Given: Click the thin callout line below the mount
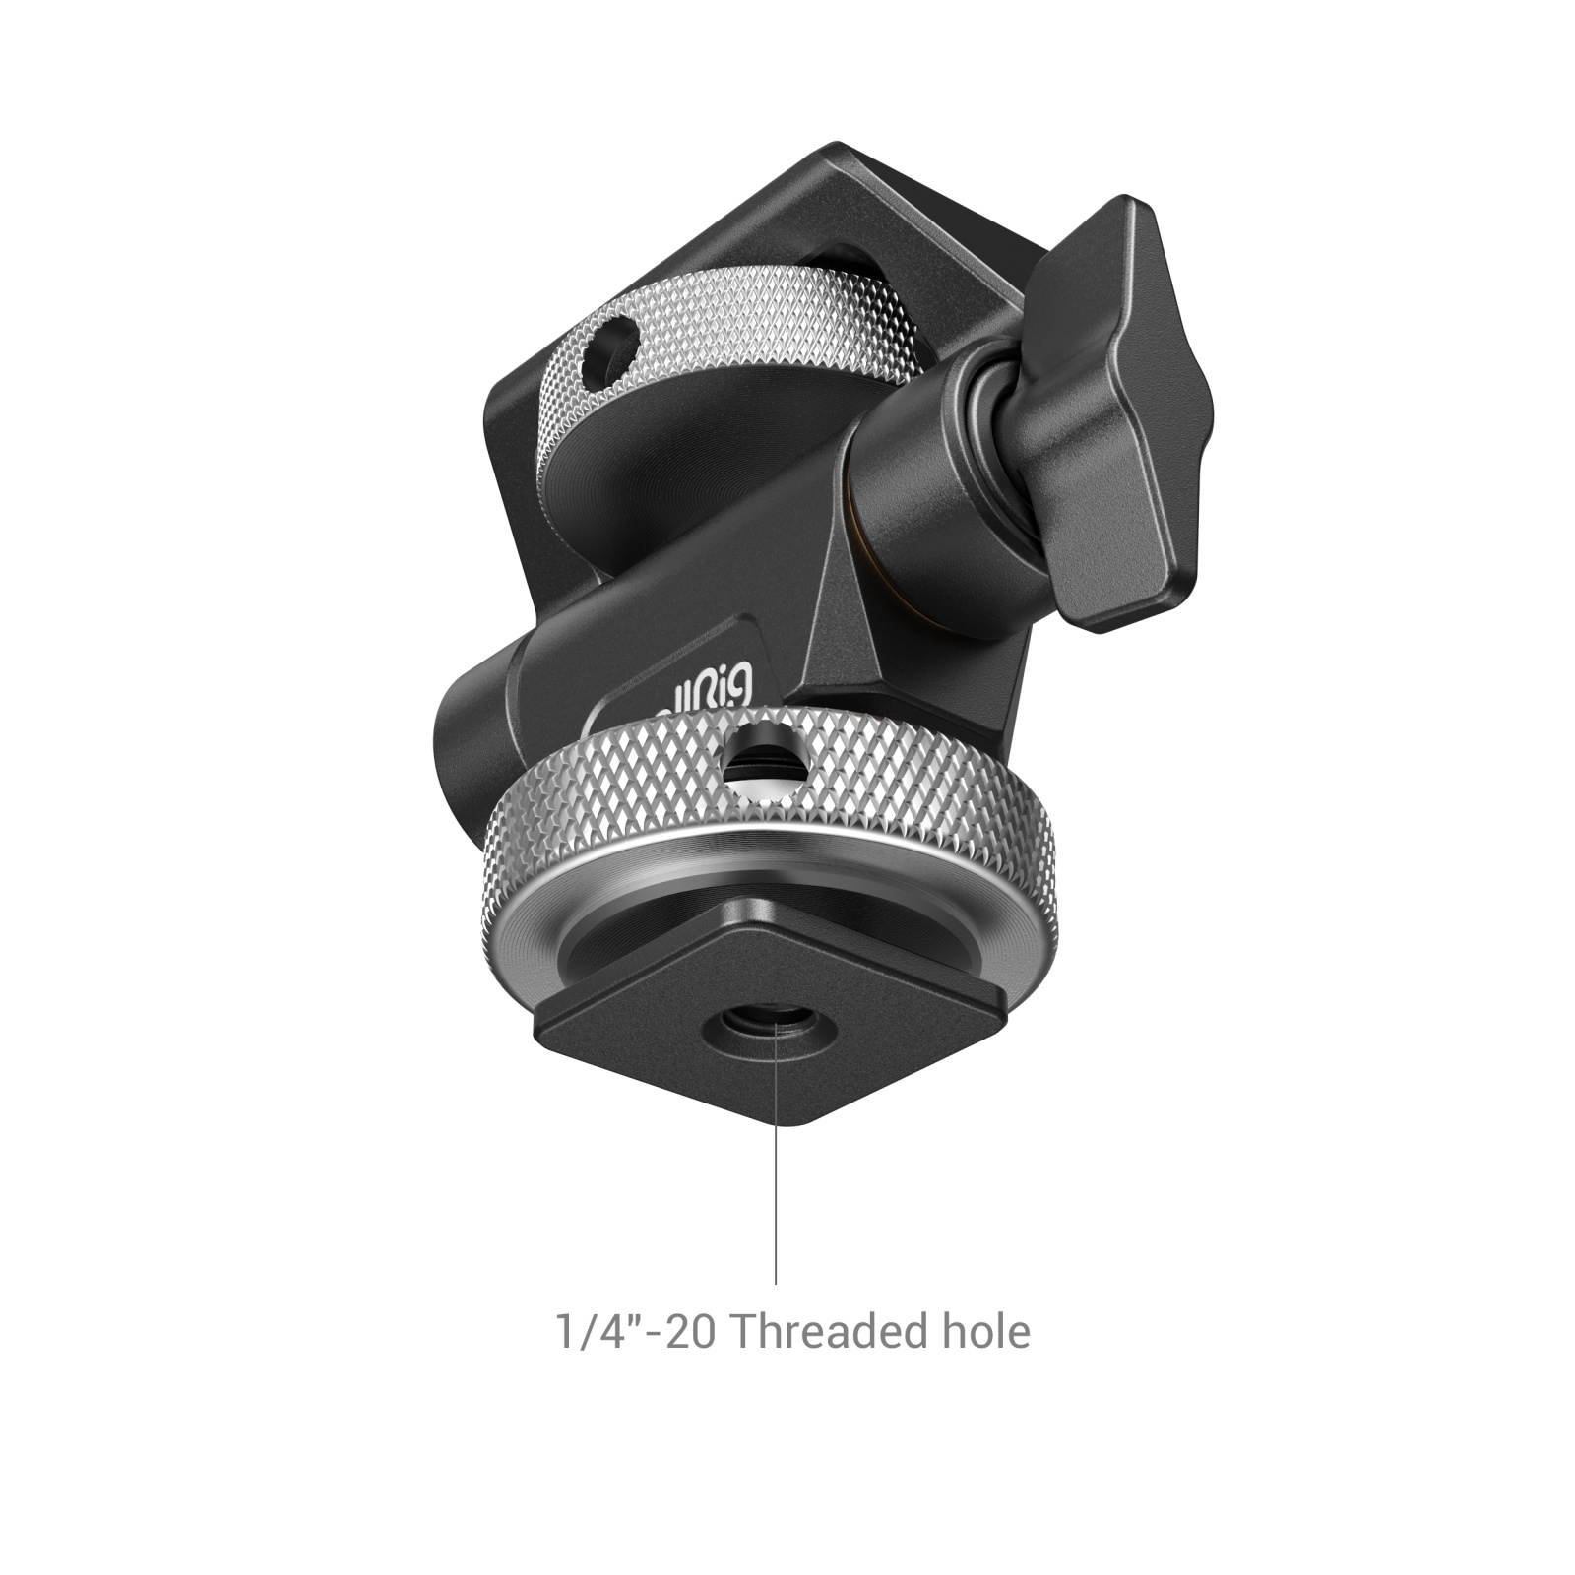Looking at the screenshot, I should pyautogui.click(x=776, y=1181).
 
